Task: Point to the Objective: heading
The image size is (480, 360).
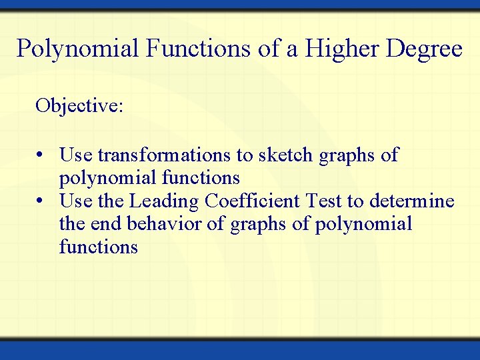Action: (x=79, y=106)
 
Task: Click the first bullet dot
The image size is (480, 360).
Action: (x=41, y=156)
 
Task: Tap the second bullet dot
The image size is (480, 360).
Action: (x=41, y=201)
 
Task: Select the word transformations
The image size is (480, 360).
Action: (x=165, y=155)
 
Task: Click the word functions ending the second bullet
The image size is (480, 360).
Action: (x=99, y=247)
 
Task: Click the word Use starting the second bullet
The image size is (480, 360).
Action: (x=74, y=201)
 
